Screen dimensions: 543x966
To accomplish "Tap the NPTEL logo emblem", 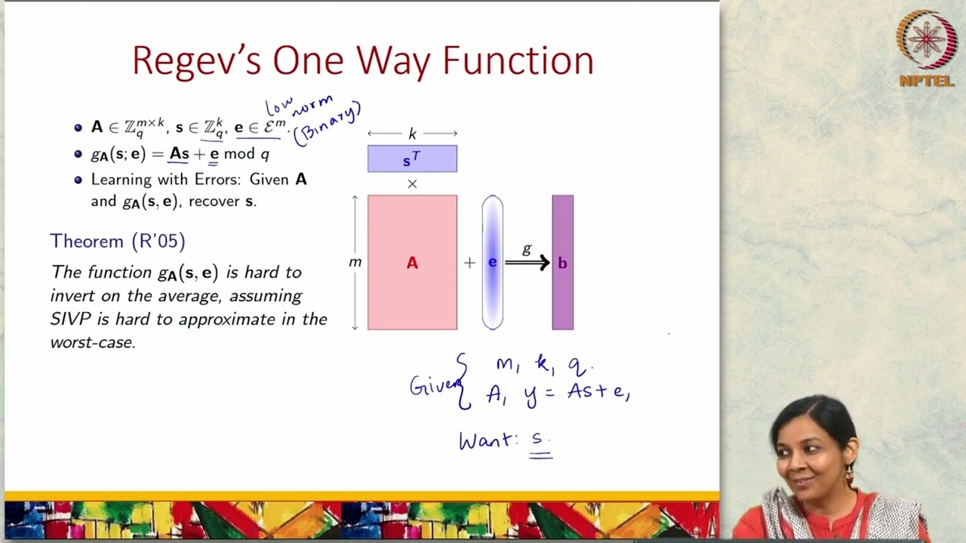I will (x=926, y=40).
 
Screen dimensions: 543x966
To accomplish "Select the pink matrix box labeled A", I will (x=412, y=262).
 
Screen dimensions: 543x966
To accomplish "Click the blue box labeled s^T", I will (x=412, y=159).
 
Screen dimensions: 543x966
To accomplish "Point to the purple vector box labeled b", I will (x=562, y=262).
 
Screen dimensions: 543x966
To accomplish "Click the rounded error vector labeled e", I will (x=492, y=262).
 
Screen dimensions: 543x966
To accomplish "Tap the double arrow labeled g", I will (x=528, y=262).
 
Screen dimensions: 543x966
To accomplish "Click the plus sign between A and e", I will (x=469, y=262).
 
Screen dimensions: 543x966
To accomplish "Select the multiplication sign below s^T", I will (x=412, y=183).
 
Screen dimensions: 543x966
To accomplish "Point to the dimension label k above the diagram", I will (x=412, y=134).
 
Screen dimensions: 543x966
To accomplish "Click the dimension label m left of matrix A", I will (x=355, y=262).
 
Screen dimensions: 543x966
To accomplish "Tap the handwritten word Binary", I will (x=328, y=124).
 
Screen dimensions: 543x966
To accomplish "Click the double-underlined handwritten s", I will (x=539, y=439).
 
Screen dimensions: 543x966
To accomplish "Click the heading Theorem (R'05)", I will (x=118, y=241).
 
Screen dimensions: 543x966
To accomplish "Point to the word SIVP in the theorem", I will (x=69, y=319).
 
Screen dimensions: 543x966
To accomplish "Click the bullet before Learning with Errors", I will (x=78, y=180).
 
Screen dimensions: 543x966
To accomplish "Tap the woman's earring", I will (x=848, y=474).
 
